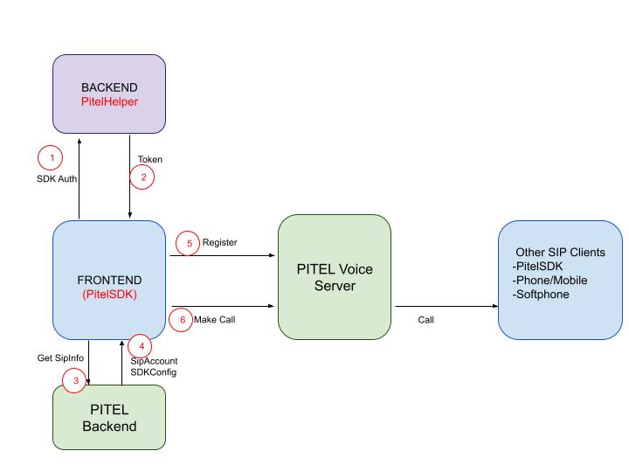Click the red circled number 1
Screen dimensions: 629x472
click(x=50, y=157)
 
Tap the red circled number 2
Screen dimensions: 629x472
click(x=142, y=177)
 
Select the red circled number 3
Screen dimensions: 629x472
click(x=74, y=380)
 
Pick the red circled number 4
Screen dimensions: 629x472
click(x=140, y=346)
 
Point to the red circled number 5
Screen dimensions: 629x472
click(x=188, y=243)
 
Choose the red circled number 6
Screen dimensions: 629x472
click(x=182, y=320)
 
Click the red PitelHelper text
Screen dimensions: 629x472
click(x=109, y=101)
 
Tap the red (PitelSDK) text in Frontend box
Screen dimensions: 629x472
click(x=109, y=295)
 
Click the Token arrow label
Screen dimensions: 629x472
click(x=150, y=159)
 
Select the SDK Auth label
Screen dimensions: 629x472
click(x=57, y=178)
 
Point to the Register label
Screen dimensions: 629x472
click(x=220, y=242)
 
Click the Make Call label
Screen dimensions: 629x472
click(x=215, y=320)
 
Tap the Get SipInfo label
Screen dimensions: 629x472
click(x=60, y=357)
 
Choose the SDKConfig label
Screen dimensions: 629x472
click(x=153, y=372)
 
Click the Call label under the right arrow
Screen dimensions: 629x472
click(x=425, y=320)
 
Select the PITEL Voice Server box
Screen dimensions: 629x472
click(x=335, y=277)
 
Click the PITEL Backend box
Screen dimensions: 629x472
click(x=109, y=417)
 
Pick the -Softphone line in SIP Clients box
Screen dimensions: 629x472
click(x=541, y=295)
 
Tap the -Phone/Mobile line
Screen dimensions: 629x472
click(x=550, y=281)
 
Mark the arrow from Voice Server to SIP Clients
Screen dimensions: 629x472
click(x=447, y=306)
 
